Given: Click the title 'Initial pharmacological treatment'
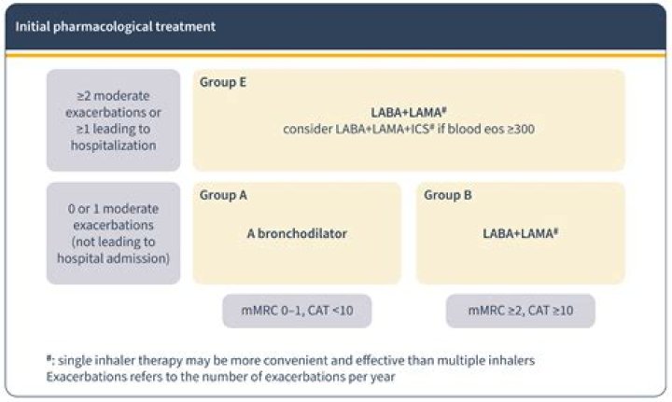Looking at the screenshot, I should pyautogui.click(x=115, y=26).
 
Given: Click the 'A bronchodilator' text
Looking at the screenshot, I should pyautogui.click(x=297, y=233).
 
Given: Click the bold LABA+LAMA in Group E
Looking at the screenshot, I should pyautogui.click(x=407, y=112).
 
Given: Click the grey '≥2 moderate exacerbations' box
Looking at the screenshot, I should pyautogui.click(x=114, y=119).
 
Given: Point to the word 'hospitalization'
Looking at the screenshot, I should pyautogui.click(x=114, y=146).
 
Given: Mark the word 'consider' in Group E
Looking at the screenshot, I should pyautogui.click(x=305, y=129).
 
